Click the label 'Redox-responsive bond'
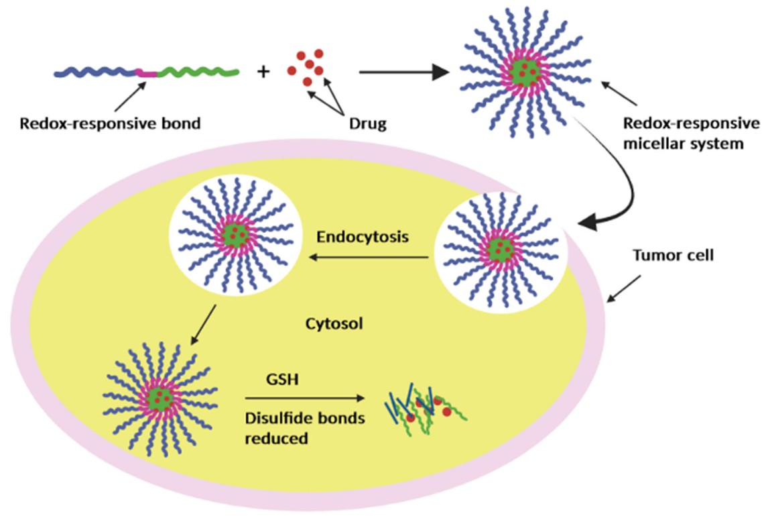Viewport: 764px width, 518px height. pyautogui.click(x=110, y=124)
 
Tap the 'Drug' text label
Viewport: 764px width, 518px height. pyautogui.click(x=367, y=124)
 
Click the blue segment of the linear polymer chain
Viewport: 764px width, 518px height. pyautogui.click(x=94, y=72)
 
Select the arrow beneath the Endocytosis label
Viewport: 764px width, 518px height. pyautogui.click(x=369, y=256)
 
